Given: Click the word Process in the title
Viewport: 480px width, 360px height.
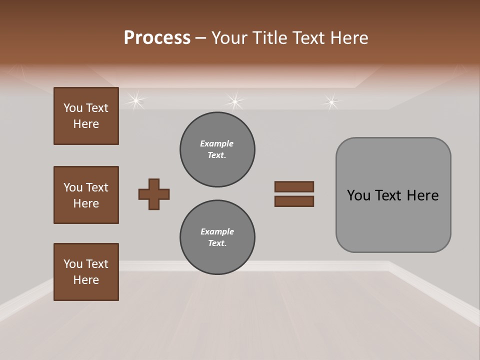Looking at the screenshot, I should click(157, 38).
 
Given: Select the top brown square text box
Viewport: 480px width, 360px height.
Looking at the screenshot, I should click(86, 116).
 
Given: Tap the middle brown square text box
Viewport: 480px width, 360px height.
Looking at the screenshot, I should click(86, 195).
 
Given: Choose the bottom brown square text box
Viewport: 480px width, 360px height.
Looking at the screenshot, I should click(86, 272).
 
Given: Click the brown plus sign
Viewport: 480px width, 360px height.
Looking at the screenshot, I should click(154, 194).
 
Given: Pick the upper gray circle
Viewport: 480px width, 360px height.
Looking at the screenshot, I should click(217, 149).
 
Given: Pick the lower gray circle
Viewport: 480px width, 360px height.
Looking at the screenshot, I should click(217, 237).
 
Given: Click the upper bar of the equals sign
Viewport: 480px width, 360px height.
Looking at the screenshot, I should click(294, 186).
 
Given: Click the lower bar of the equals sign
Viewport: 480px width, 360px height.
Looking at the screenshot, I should click(294, 201).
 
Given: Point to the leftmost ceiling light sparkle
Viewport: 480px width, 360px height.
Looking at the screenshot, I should click(135, 100).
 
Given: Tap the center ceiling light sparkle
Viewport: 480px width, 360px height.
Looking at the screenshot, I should click(234, 101).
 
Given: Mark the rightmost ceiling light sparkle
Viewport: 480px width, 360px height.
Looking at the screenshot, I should click(331, 102).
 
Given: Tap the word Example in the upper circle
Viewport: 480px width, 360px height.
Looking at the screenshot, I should click(217, 143).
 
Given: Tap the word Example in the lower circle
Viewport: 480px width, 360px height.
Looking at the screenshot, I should click(217, 231).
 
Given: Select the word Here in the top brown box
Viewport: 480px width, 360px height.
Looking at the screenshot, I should click(86, 124).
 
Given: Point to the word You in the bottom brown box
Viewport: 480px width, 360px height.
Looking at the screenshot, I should click(73, 264).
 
